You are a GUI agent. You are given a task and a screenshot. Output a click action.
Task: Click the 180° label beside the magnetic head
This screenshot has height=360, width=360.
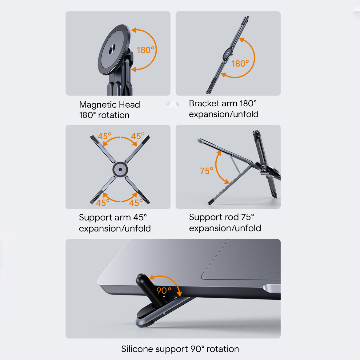tap(146, 50)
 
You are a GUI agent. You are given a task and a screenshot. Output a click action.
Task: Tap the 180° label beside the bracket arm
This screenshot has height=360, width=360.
tap(240, 64)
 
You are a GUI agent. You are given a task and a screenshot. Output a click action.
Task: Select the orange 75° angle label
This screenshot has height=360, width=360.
tap(206, 171)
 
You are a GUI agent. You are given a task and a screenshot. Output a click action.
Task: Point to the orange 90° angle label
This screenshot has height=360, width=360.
tap(164, 291)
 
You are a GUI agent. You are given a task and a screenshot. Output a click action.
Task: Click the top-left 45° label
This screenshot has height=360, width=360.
tap(105, 136)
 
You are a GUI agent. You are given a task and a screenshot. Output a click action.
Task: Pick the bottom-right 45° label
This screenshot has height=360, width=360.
tap(136, 203)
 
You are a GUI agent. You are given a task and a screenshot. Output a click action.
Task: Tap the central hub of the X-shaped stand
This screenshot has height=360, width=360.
tap(120, 170)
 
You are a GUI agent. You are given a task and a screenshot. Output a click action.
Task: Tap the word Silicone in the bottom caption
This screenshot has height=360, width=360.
tap(137, 349)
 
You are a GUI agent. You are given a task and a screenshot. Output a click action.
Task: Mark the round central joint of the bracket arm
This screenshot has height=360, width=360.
tap(227, 54)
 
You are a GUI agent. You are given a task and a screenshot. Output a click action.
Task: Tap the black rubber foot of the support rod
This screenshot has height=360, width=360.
tap(211, 202)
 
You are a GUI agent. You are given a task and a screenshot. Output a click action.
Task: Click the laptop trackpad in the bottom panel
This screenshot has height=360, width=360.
tap(241, 260)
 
